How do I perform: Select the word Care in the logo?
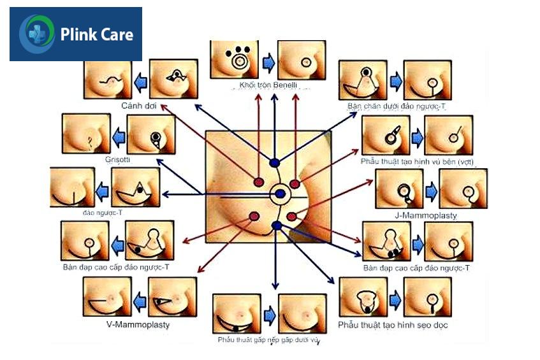click(117, 34)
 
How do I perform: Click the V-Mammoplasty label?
click(138, 324)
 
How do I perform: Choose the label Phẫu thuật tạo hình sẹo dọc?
click(393, 325)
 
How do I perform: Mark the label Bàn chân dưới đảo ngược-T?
click(396, 106)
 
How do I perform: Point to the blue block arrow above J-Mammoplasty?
click(431, 190)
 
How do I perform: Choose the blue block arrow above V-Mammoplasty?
click(140, 298)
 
